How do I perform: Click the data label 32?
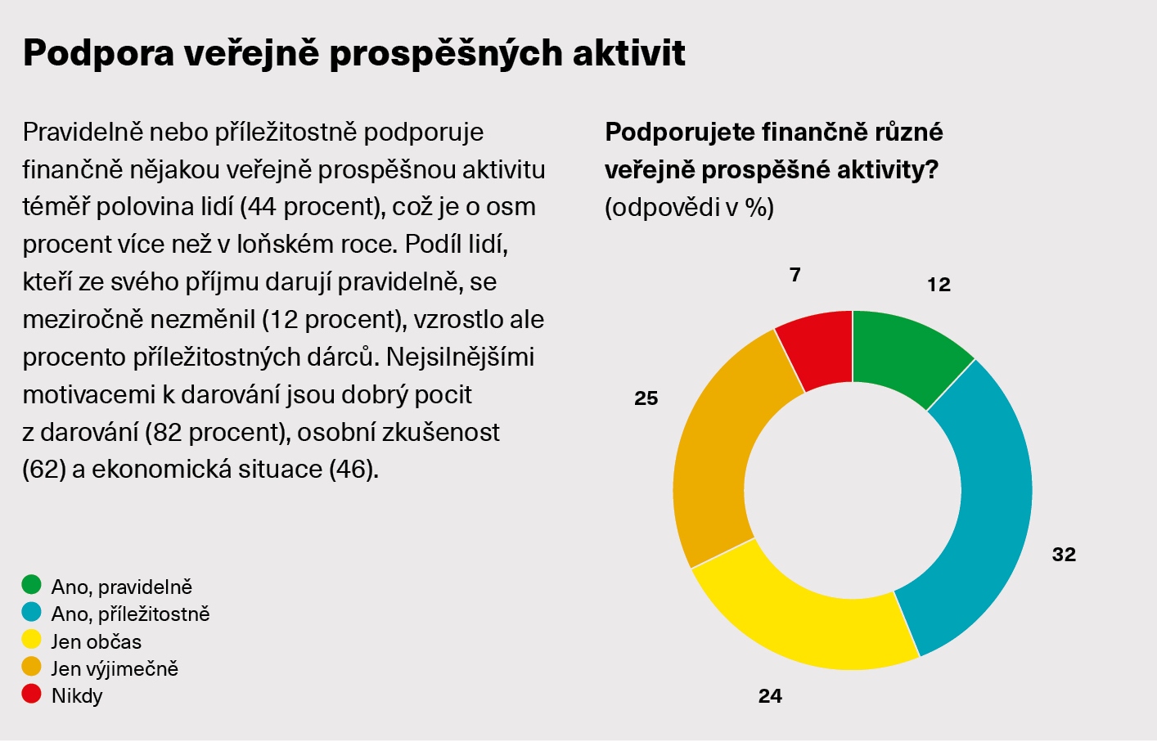[1064, 555]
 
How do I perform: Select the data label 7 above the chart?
[795, 275]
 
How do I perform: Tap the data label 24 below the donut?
[770, 696]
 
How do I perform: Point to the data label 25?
[646, 398]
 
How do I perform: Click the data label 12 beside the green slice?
[939, 285]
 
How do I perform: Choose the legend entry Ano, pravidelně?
[121, 587]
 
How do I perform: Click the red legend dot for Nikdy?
[32, 695]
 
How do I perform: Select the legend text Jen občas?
[96, 641]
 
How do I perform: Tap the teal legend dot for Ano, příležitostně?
[32, 612]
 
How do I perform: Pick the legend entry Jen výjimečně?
[114, 668]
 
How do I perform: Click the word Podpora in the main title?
[98, 53]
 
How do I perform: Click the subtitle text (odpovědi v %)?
[689, 208]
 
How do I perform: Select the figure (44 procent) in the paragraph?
[312, 207]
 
